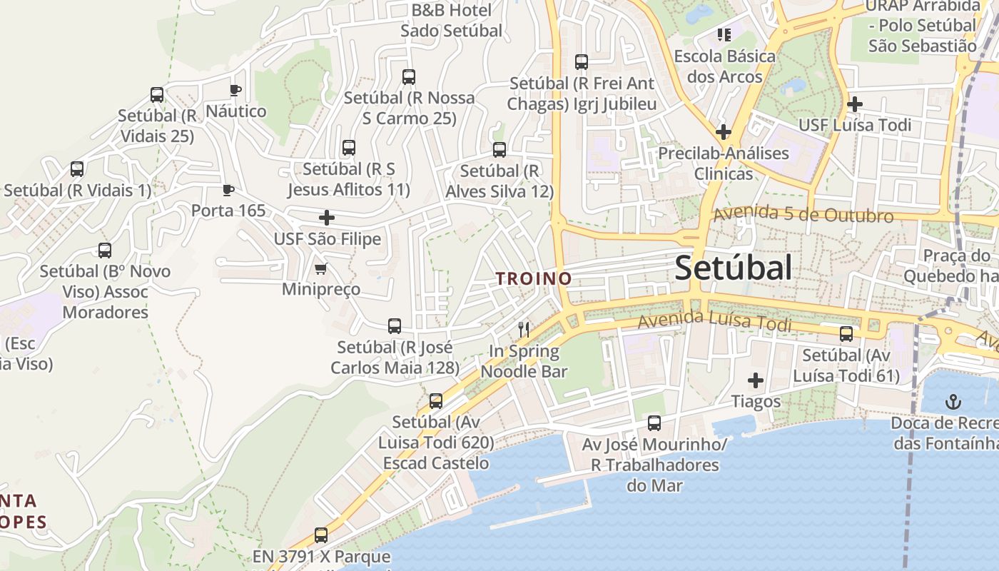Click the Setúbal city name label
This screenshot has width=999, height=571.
click(733, 268)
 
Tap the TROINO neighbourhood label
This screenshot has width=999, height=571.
click(534, 278)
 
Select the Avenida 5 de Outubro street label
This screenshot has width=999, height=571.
click(803, 213)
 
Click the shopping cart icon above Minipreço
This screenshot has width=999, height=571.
click(321, 269)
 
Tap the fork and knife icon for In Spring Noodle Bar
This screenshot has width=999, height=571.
click(524, 329)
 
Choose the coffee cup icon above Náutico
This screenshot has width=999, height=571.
click(235, 90)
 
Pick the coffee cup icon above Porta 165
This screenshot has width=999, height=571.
click(228, 190)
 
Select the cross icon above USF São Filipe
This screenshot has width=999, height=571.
click(327, 218)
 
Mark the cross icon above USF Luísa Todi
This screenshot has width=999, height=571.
click(854, 104)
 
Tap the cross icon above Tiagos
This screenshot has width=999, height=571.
click(756, 380)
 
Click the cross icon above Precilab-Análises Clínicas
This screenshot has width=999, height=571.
click(723, 132)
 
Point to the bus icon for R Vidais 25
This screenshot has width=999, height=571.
click(157, 95)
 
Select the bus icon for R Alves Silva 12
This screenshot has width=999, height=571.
click(499, 150)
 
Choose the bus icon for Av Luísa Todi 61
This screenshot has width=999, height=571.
click(846, 333)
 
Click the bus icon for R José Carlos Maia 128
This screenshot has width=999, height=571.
click(395, 326)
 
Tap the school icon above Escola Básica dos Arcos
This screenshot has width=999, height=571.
click(724, 34)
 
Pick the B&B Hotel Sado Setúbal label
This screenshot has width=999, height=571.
click(451, 21)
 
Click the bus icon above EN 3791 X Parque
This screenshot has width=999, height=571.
click(321, 535)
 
